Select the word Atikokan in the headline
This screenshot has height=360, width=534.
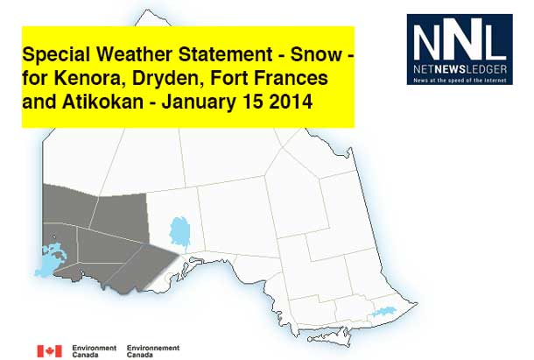102,102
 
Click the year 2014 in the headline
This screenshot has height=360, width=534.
291,102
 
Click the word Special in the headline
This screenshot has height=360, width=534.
56,55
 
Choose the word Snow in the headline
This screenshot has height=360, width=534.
316,54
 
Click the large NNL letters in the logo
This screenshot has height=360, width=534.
460,39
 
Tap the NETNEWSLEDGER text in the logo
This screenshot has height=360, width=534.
460,69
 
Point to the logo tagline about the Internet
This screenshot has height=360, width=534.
460,81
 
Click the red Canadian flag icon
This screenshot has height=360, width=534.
50,351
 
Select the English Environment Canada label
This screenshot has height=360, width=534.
95,351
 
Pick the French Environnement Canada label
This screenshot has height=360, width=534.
153,351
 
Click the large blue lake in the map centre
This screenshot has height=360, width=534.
180,233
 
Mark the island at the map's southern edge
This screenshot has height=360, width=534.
329,336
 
